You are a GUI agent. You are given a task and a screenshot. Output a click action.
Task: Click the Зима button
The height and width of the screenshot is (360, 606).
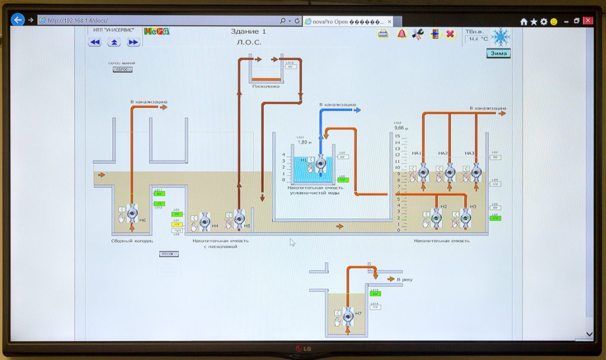tap(498, 53)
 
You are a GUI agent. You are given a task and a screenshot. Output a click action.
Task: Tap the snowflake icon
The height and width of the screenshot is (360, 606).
tap(501, 37)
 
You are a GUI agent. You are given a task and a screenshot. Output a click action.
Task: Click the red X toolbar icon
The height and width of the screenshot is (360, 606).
tap(450, 34)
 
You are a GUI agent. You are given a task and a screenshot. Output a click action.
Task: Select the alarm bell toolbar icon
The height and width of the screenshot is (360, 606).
tap(401, 34)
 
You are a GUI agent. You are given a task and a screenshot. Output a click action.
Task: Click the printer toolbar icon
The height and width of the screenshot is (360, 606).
tap(383, 34)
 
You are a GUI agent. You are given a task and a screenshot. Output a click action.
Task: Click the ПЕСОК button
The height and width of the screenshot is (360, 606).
tap(169, 254)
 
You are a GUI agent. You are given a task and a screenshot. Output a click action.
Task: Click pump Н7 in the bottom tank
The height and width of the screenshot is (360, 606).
tap(347, 315)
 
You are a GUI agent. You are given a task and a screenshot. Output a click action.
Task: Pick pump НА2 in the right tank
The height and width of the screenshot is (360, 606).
tap(450, 173)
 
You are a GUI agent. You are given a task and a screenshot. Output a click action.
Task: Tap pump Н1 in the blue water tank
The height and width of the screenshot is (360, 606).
tap(320, 163)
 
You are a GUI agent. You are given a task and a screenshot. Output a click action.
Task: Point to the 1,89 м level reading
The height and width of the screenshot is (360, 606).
tap(304, 142)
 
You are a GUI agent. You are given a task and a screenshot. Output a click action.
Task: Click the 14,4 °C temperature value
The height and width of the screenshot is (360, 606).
tap(478, 39)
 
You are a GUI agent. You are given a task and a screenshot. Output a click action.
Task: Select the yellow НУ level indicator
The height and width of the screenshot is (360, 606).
tap(177, 224)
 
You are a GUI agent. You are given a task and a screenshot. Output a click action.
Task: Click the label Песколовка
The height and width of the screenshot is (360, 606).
tap(265, 86)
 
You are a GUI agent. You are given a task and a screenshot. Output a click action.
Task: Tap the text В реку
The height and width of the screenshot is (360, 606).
tap(405, 278)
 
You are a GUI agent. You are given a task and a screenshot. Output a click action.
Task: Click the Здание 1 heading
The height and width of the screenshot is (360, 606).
tap(249, 31)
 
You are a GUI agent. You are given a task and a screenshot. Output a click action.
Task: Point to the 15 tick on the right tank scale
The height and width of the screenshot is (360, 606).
tap(398, 136)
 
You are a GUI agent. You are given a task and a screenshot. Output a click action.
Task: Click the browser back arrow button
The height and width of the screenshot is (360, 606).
tap(18, 20)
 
